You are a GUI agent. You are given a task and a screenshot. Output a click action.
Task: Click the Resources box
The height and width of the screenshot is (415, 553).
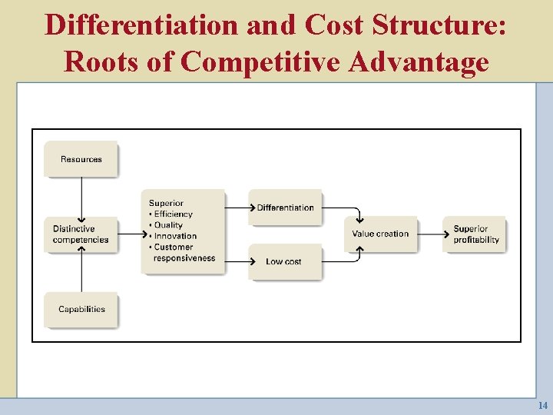click(81, 159)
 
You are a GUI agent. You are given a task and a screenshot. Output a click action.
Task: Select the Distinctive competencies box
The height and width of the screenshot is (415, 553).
click(81, 234)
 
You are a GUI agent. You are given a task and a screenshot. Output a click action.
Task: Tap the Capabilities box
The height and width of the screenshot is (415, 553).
click(81, 309)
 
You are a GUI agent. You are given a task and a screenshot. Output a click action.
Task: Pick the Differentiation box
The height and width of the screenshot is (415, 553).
click(285, 207)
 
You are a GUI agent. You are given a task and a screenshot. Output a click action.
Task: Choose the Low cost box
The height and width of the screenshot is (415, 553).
click(284, 261)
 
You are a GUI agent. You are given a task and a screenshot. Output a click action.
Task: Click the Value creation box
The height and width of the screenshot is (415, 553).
click(381, 234)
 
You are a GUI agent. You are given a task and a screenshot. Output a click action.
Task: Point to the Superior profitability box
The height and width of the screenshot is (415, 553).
click(475, 234)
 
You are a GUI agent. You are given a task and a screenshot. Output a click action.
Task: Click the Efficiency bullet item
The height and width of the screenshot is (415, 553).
click(173, 214)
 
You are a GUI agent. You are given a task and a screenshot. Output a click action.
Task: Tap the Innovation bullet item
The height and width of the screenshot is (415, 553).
click(175, 236)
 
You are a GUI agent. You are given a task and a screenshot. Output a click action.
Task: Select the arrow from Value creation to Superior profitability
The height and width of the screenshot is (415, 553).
click(431, 234)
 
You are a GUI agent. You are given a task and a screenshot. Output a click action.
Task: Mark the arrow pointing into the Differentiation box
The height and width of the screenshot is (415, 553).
click(238, 207)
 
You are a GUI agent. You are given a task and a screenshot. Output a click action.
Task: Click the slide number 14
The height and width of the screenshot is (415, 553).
click(543, 405)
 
